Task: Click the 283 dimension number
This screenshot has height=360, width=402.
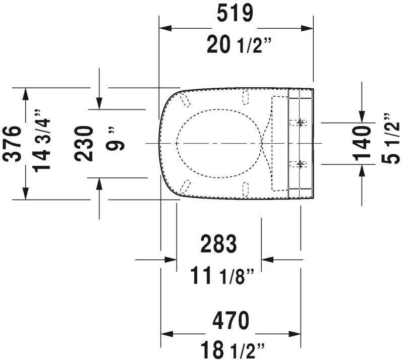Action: pos(218,245)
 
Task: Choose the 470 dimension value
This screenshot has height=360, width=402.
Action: pos(230,319)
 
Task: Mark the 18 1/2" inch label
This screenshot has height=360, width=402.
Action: pos(231,348)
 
